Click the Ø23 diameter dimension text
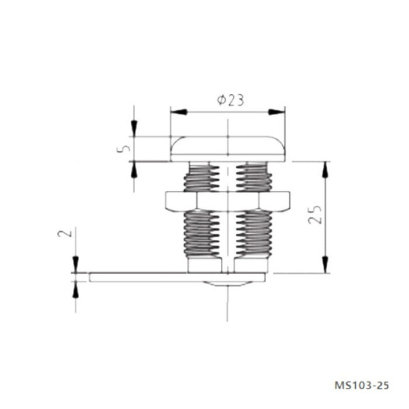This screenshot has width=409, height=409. click(x=230, y=100)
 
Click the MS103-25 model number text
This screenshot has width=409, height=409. click(x=363, y=386)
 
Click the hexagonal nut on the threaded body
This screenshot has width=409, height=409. click(x=226, y=200)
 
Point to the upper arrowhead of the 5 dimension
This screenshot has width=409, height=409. click(x=134, y=129)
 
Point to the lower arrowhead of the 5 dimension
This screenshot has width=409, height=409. click(x=134, y=168)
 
